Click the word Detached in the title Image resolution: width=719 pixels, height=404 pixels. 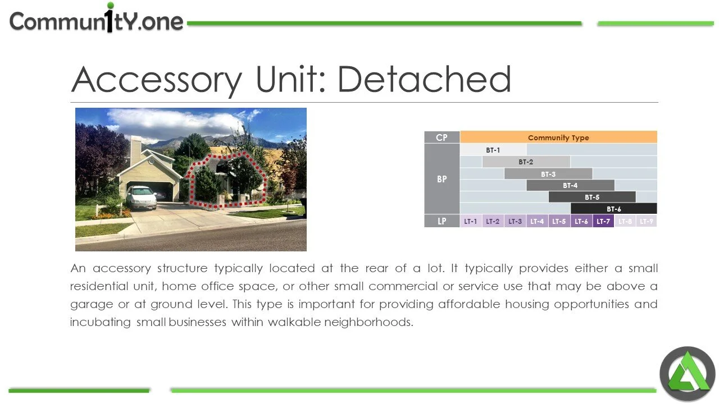(x=424, y=79)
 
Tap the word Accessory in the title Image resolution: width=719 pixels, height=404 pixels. (x=157, y=80)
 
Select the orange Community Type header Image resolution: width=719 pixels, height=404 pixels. (x=558, y=137)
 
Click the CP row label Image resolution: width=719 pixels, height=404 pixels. (x=442, y=137)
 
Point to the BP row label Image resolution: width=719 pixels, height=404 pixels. (x=442, y=179)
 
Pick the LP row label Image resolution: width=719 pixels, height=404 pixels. (x=442, y=221)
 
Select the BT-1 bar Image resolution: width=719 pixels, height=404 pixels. (x=493, y=150)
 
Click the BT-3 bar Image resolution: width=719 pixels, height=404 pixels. (x=548, y=174)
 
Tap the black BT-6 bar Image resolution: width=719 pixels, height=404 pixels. (x=613, y=209)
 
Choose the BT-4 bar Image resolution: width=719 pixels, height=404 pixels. (x=570, y=186)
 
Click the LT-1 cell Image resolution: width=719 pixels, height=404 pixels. (x=471, y=221)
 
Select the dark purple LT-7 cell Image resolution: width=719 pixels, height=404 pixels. (x=603, y=221)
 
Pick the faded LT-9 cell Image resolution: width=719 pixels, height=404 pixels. (x=647, y=221)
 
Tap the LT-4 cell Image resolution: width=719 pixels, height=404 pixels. (x=537, y=221)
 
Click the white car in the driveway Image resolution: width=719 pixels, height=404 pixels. (x=141, y=197)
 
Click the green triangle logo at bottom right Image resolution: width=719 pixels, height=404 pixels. (x=687, y=374)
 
